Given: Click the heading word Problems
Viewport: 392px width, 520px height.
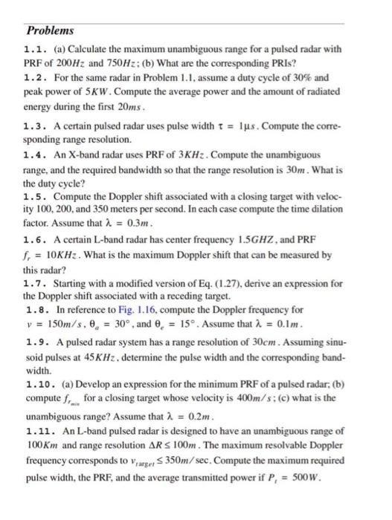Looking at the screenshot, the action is [x=50, y=31].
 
